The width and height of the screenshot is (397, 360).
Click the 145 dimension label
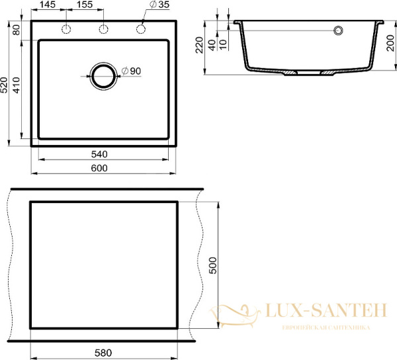tap(48, 5)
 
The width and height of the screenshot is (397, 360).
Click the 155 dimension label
tap(84, 5)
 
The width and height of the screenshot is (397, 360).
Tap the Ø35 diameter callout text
tap(159, 5)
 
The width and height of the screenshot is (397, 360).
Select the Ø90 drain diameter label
tap(131, 71)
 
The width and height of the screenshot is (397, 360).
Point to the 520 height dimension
tap(5, 85)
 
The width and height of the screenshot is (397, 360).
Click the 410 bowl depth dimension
tap(16, 85)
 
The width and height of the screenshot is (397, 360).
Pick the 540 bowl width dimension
tap(99, 154)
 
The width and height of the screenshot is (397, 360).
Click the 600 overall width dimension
tap(99, 168)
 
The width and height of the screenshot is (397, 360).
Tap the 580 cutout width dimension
tap(103, 353)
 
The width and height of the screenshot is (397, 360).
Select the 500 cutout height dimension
tap(213, 265)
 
